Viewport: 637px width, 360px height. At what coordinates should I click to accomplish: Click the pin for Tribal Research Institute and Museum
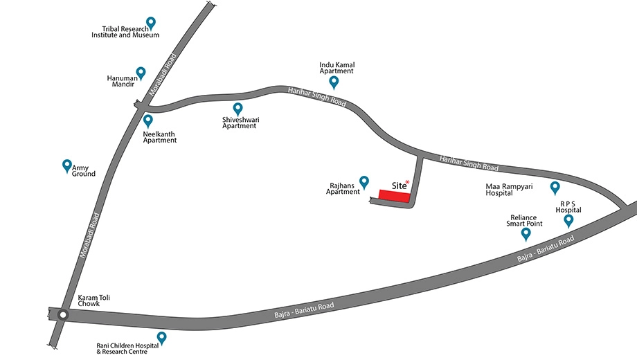[151, 23]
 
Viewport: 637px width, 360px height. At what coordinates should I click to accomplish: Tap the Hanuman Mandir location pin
[141, 73]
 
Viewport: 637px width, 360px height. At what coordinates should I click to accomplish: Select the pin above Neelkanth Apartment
[148, 120]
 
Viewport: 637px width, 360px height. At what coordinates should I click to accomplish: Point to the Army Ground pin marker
[67, 165]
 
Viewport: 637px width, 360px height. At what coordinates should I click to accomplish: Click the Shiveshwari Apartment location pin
[237, 109]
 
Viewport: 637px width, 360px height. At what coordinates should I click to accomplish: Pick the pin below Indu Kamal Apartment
[334, 82]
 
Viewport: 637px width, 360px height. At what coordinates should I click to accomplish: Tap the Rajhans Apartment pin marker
[364, 183]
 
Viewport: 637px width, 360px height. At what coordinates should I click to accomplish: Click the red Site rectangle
[395, 196]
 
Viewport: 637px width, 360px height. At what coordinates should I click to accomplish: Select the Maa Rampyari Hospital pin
[555, 188]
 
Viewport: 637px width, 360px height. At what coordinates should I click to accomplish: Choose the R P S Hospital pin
[568, 221]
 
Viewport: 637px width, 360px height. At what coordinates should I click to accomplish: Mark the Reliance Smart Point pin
[526, 233]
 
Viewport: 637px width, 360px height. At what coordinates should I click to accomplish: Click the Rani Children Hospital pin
[162, 338]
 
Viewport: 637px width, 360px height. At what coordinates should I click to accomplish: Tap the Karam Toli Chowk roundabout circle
[62, 315]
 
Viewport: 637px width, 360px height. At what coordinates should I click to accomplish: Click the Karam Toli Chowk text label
[94, 300]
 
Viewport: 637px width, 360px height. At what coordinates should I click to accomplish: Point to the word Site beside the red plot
[399, 186]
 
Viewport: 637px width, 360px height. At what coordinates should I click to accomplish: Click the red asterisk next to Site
[407, 183]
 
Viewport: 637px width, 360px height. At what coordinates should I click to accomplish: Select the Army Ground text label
[83, 171]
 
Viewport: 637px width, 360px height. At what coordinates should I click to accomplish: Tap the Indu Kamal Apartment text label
[337, 68]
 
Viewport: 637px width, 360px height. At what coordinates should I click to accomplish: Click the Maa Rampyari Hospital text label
[509, 190]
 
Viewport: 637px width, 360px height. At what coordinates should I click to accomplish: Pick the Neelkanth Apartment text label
[160, 137]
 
